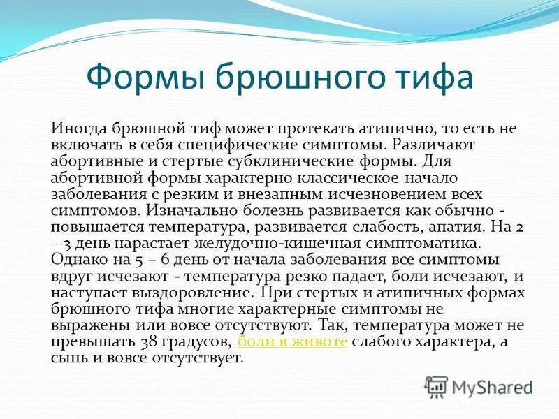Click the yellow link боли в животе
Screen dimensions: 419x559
click(x=293, y=342)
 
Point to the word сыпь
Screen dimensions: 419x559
click(x=68, y=359)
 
